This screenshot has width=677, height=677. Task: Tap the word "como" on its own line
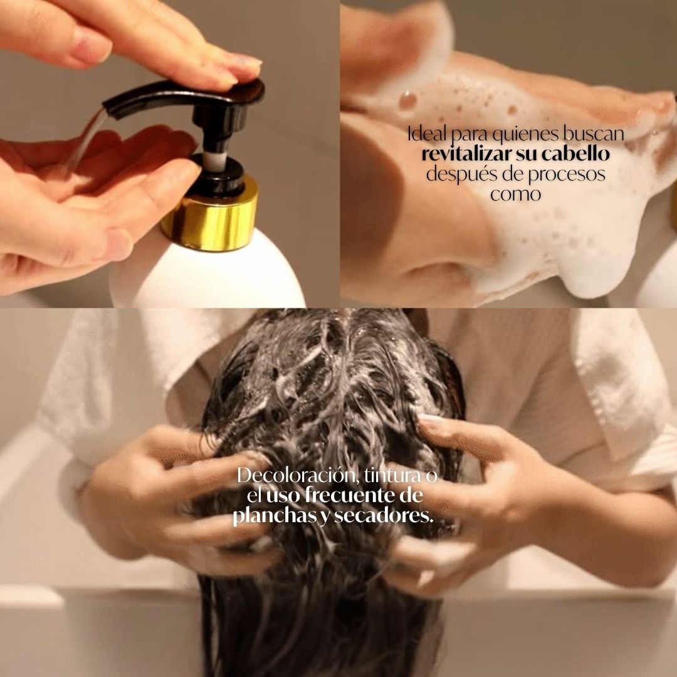[x=515, y=194]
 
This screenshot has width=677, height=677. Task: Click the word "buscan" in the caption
[x=602, y=134]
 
